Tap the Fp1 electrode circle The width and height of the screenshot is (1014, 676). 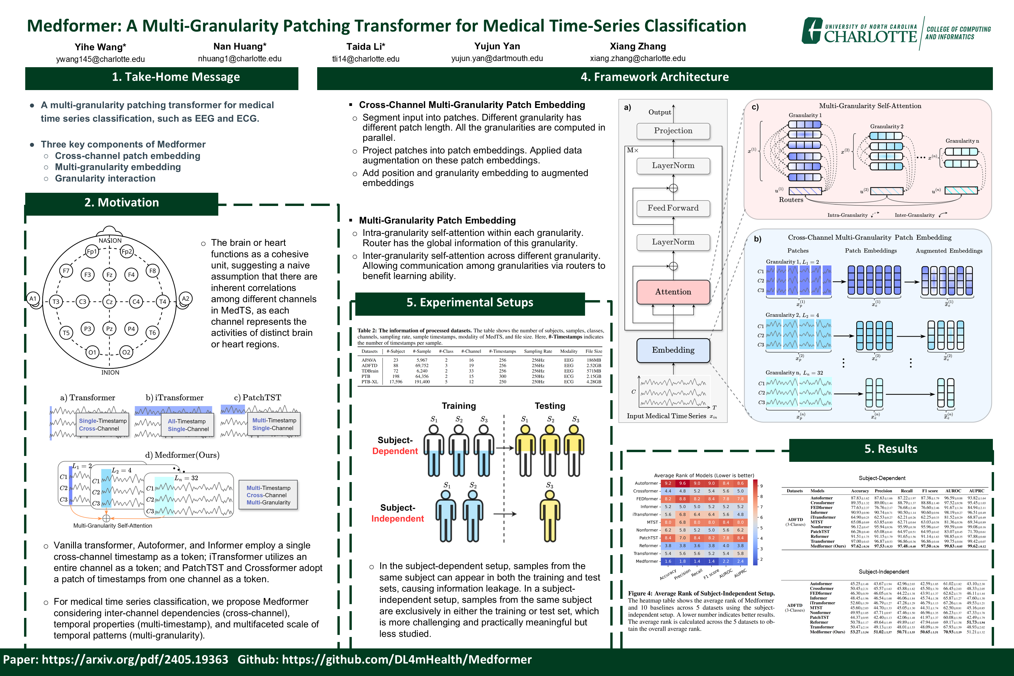(92, 251)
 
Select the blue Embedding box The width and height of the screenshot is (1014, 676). (673, 350)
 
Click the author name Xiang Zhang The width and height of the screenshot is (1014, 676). (638, 46)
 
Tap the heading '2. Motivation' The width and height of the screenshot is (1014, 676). (121, 203)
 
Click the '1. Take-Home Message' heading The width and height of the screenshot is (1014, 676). (176, 77)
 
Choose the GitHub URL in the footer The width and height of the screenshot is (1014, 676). (407, 660)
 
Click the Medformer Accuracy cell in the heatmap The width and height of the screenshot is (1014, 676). (668, 561)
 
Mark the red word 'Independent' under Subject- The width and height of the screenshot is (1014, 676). (398, 519)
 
